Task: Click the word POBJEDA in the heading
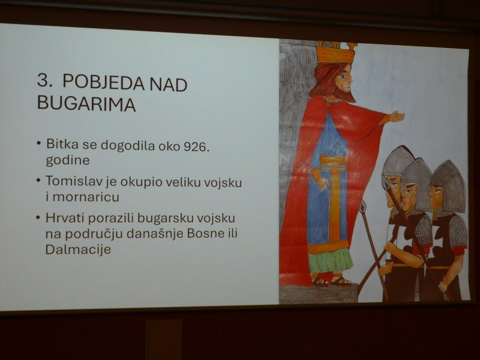click(x=103, y=83)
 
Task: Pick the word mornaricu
click(x=86, y=197)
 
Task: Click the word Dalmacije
click(x=78, y=249)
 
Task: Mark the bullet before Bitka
click(x=38, y=143)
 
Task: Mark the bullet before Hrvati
click(x=38, y=218)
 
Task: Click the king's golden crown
click(x=336, y=53)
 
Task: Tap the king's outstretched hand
click(x=397, y=116)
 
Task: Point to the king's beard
click(x=347, y=94)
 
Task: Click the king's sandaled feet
click(x=331, y=280)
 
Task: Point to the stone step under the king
click(x=319, y=293)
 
